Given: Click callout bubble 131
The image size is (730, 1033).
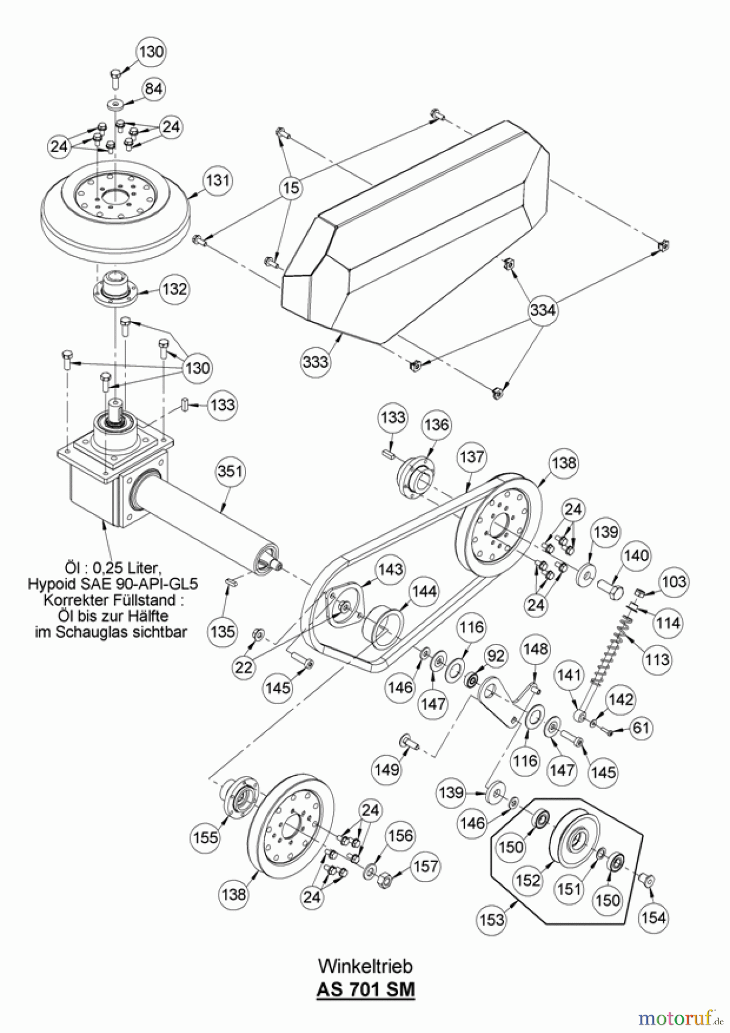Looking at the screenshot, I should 218,181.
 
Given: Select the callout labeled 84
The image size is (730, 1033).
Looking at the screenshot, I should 153,89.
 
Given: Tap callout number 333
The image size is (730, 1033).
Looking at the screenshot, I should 316,362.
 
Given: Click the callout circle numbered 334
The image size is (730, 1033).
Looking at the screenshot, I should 542,310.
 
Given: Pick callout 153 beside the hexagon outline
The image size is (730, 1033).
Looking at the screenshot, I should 492,919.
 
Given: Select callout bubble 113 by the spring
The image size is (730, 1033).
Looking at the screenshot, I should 656,659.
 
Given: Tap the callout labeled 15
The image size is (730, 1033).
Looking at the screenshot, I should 292,188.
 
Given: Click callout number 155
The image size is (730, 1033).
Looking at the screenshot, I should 205,837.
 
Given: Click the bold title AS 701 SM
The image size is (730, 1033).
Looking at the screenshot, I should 365,990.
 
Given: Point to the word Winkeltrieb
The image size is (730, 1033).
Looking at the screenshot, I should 365,966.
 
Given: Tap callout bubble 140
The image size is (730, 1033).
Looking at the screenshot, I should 637,556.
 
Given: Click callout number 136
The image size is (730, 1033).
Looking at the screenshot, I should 436,425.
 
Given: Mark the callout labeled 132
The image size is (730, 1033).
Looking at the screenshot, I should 174,289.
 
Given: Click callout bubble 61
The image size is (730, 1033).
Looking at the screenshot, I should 641,728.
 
